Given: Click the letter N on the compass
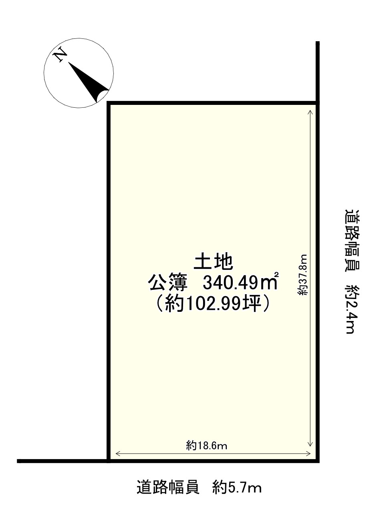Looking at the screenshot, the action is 60,54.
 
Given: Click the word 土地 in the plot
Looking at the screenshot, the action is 213,262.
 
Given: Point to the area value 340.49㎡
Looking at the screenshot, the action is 240,283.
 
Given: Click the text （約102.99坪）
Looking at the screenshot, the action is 213,304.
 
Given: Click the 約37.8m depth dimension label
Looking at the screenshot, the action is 303,275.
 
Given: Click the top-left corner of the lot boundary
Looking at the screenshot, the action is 108,103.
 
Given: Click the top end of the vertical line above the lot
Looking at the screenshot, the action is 318,42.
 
